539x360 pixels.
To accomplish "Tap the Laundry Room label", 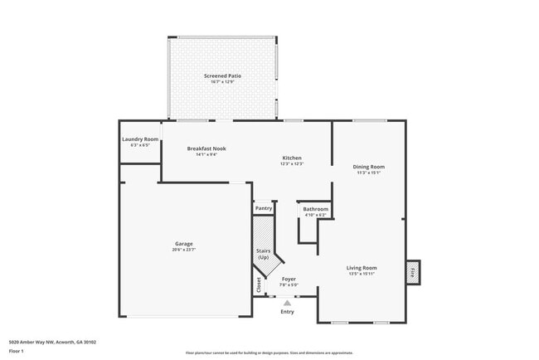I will (x=140, y=139).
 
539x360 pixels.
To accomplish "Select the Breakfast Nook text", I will (x=206, y=148).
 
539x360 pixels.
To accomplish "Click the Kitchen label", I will (x=291, y=158).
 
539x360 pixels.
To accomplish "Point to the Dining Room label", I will (x=369, y=167).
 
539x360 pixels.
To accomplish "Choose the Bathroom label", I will (x=315, y=209).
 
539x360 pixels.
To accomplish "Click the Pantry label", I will (x=264, y=208).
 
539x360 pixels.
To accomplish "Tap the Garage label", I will (x=183, y=244).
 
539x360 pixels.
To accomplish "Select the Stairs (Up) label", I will (x=264, y=254).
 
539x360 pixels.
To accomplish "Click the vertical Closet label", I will (x=259, y=285).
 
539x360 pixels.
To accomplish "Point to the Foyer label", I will (x=289, y=280).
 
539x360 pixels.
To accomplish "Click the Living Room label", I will (x=362, y=268).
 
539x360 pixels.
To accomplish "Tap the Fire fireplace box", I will (x=412, y=270).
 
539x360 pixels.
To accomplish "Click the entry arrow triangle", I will (x=287, y=303).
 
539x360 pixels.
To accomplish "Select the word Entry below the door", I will (x=287, y=312).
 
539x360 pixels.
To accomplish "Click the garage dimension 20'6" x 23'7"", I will (x=183, y=250).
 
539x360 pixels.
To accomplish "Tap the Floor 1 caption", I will (x=17, y=351).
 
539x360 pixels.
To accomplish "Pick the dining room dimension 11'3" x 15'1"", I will (x=369, y=173).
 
